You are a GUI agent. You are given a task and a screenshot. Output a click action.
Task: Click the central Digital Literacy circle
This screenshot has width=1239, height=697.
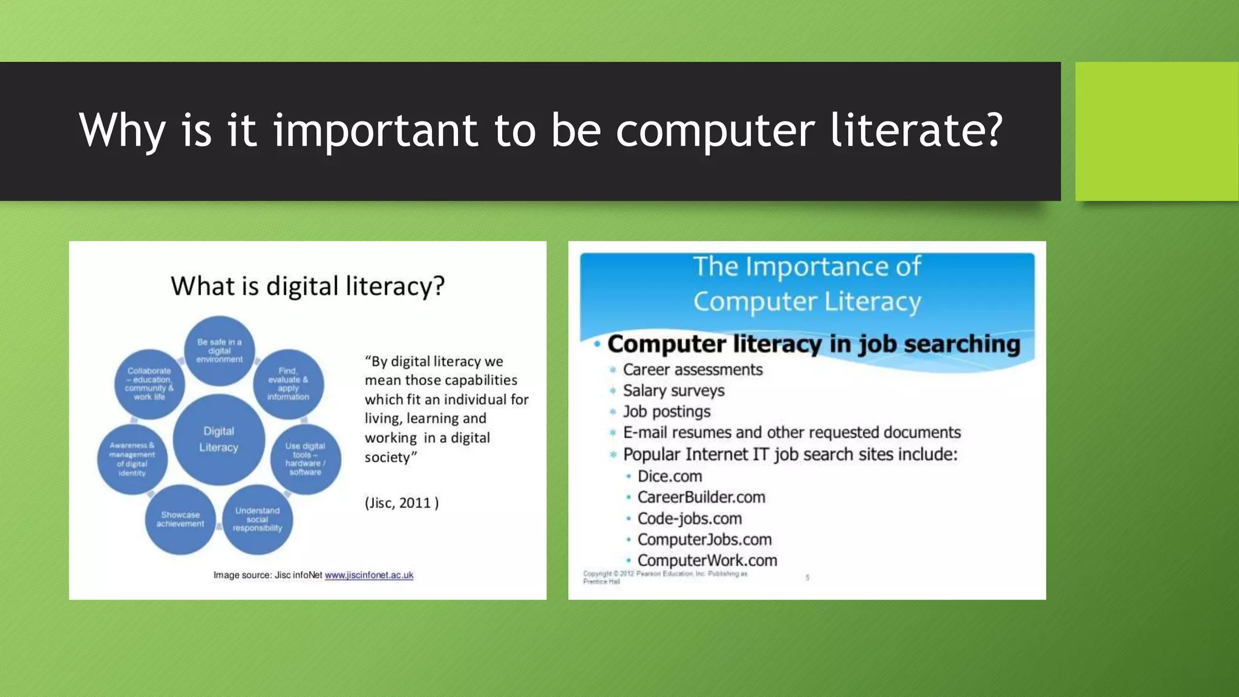(x=219, y=439)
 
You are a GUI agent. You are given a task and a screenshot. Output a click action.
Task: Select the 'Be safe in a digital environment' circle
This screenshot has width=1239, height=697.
(x=219, y=351)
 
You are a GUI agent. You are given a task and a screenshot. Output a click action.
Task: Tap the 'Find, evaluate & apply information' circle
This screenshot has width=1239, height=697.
(x=289, y=384)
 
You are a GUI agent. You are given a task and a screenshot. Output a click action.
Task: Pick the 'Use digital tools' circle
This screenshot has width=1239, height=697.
(x=306, y=459)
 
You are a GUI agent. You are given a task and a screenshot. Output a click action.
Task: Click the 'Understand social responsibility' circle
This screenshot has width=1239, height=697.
(x=258, y=519)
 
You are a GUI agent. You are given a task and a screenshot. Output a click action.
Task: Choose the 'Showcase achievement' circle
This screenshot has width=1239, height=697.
(x=180, y=519)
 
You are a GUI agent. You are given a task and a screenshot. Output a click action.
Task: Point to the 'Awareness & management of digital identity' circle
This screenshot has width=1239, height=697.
(x=132, y=459)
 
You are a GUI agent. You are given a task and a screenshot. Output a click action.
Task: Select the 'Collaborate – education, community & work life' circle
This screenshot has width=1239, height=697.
(x=149, y=384)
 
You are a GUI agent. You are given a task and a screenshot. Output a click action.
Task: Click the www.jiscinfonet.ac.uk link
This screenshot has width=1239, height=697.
(x=369, y=575)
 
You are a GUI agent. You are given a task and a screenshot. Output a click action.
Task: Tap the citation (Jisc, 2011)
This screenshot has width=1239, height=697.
(x=402, y=503)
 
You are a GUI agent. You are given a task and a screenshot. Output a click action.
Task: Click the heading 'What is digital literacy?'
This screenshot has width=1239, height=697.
(x=307, y=286)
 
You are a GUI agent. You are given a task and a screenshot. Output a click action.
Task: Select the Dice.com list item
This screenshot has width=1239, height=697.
(x=670, y=476)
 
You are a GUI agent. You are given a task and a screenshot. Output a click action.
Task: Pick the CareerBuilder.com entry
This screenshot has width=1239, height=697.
(x=701, y=497)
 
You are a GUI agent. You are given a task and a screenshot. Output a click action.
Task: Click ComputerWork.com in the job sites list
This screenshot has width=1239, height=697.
(x=707, y=560)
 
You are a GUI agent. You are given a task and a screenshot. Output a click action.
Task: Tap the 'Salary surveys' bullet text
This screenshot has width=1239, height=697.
(x=673, y=391)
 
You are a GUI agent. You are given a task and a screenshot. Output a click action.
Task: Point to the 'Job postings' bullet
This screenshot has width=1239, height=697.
(x=667, y=411)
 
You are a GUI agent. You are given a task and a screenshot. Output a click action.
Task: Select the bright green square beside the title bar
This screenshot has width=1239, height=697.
(x=1156, y=131)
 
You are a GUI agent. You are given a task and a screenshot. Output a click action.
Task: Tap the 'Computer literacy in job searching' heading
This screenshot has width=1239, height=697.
(x=814, y=344)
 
